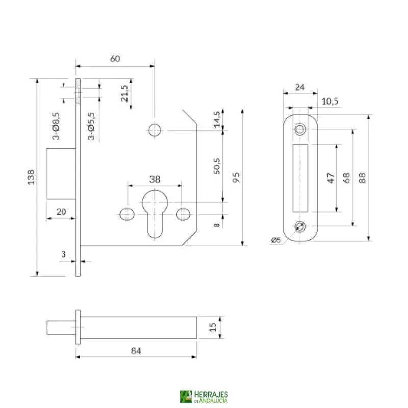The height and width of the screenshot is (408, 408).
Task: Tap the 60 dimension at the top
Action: tap(115, 59)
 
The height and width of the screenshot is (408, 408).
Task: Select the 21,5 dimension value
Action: tap(124, 93)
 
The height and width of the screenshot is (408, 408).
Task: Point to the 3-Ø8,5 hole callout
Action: tap(56, 125)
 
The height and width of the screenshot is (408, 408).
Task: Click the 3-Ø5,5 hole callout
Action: tap(91, 125)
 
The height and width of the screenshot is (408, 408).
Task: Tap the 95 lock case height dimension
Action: tap(235, 177)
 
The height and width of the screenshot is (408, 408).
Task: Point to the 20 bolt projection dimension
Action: tap(61, 211)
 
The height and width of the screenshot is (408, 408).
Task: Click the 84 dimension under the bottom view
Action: tap(136, 350)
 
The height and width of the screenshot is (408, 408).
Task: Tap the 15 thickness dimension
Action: tap(213, 326)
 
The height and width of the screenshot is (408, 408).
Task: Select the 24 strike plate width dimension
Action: tap(300, 87)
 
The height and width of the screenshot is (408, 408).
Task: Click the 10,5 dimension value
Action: tap(330, 101)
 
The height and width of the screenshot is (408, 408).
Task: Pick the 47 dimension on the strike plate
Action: tap(330, 178)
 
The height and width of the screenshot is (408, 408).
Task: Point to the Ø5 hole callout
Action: tap(276, 240)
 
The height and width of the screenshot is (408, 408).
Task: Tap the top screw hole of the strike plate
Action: tap(300, 130)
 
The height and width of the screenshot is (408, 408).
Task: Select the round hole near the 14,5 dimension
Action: tap(154, 130)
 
